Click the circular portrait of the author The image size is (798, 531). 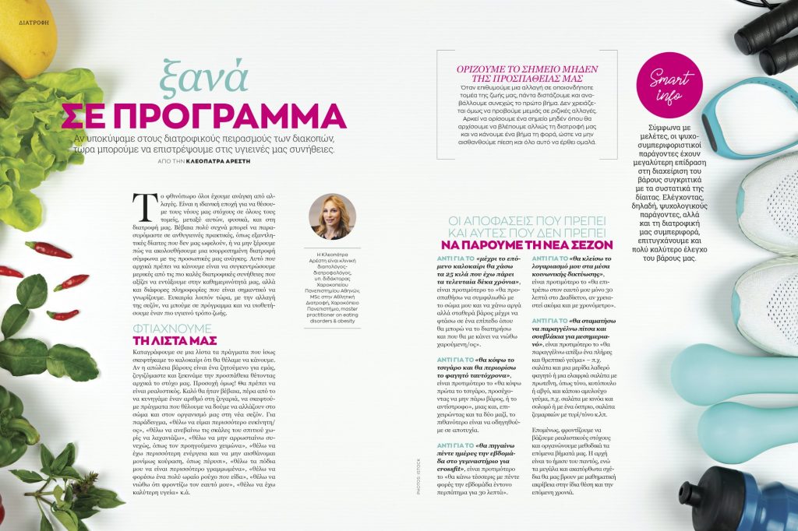(333, 216)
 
